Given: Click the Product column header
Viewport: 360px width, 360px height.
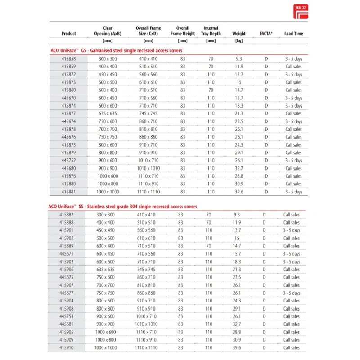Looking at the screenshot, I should (69, 34).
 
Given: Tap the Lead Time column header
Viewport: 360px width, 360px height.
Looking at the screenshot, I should (293, 34).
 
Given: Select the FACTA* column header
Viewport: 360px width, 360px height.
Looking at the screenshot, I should (266, 34).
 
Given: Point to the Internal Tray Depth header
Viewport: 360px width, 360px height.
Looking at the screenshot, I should (211, 31).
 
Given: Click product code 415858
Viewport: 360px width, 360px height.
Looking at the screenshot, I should (69, 59).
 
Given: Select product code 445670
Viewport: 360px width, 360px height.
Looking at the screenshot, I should (69, 98).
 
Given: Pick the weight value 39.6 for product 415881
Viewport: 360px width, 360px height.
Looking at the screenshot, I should (239, 192).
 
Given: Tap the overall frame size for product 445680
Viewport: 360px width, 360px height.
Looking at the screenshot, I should (148, 168).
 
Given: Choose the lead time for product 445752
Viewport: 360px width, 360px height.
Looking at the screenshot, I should (293, 161).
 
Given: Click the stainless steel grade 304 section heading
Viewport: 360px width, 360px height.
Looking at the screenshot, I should (122, 207).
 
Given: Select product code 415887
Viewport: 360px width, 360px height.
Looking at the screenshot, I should (67, 215).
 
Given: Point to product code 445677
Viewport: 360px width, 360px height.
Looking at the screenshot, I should (67, 293).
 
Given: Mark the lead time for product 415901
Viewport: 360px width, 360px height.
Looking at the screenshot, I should (291, 230).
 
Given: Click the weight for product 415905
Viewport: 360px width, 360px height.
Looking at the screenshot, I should (237, 332).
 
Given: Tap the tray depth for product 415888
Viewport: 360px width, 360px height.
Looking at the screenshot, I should (208, 223).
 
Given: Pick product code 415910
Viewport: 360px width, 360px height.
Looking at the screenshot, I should (67, 348).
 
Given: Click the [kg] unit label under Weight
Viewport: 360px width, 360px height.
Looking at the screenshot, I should (239, 41).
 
